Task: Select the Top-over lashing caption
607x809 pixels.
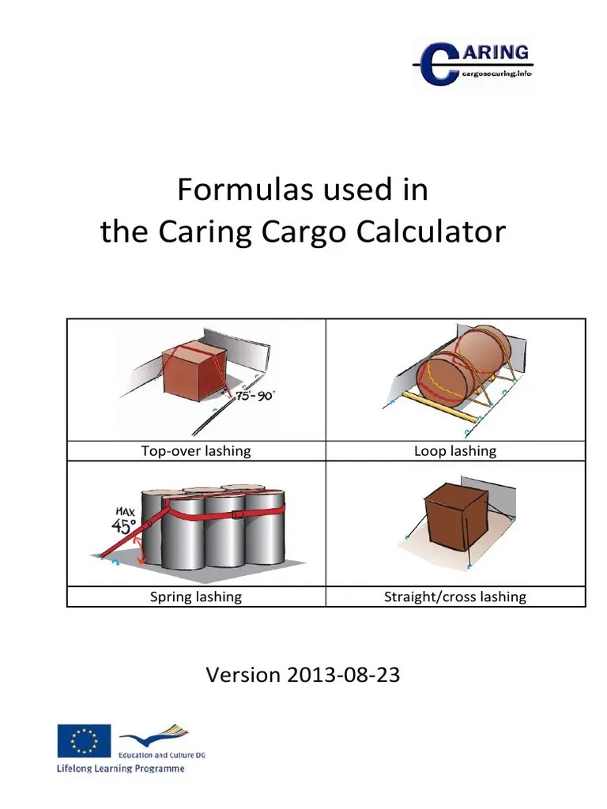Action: pos(195,451)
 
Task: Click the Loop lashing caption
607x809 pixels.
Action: pos(455,451)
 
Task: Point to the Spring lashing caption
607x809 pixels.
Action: pos(195,596)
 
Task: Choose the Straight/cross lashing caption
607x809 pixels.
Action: pos(455,596)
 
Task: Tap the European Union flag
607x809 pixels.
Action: pos(84,741)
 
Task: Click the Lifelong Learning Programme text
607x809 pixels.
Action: pos(119,768)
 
